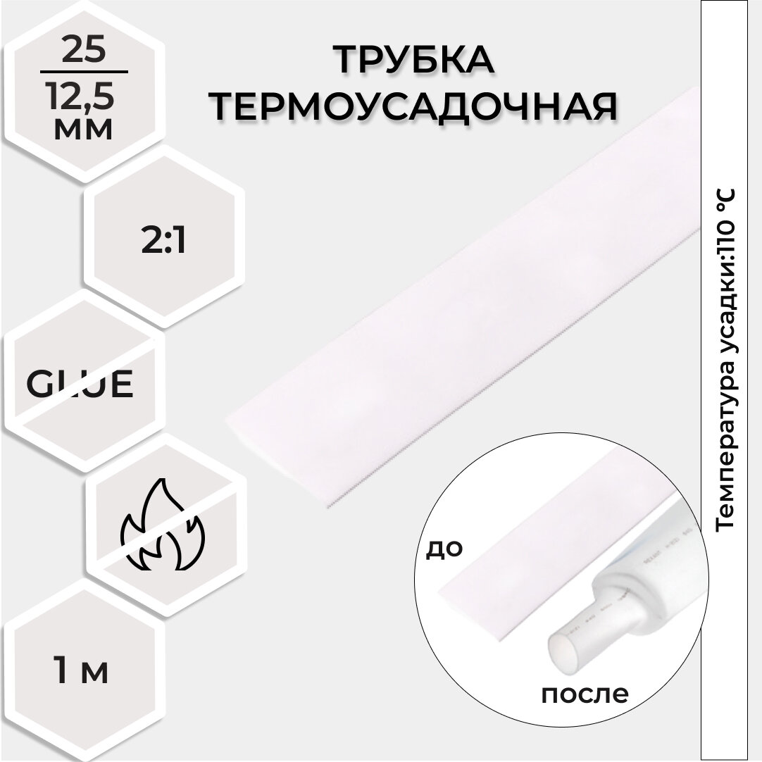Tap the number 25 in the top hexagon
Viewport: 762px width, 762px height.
click(x=84, y=52)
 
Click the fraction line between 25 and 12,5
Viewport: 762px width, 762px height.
click(x=84, y=72)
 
